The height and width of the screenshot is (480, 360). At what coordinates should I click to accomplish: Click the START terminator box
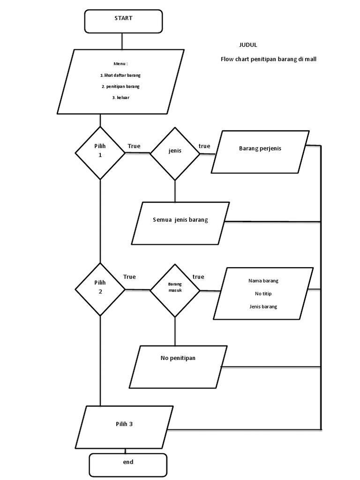123,22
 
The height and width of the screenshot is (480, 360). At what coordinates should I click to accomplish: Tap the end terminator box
128,464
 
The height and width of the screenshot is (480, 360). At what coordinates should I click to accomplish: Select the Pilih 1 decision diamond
100,152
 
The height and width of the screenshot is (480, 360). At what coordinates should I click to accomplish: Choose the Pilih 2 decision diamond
100,289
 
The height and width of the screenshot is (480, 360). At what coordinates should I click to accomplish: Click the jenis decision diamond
175,153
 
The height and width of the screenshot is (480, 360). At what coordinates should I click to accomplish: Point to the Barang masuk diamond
175,290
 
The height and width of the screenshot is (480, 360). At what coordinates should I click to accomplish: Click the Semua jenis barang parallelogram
180,223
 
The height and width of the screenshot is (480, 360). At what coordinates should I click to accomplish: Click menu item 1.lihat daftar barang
120,75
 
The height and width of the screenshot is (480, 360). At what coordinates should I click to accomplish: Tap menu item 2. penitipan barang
120,86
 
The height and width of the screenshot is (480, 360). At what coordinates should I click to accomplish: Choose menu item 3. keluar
120,97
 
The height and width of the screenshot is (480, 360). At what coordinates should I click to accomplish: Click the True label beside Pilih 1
134,146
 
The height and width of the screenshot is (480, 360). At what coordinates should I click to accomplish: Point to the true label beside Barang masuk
198,277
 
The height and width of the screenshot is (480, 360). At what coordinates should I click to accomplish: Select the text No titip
263,293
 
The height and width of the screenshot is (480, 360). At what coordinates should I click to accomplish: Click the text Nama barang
263,281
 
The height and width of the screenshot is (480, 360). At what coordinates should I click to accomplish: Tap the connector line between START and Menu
122,41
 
